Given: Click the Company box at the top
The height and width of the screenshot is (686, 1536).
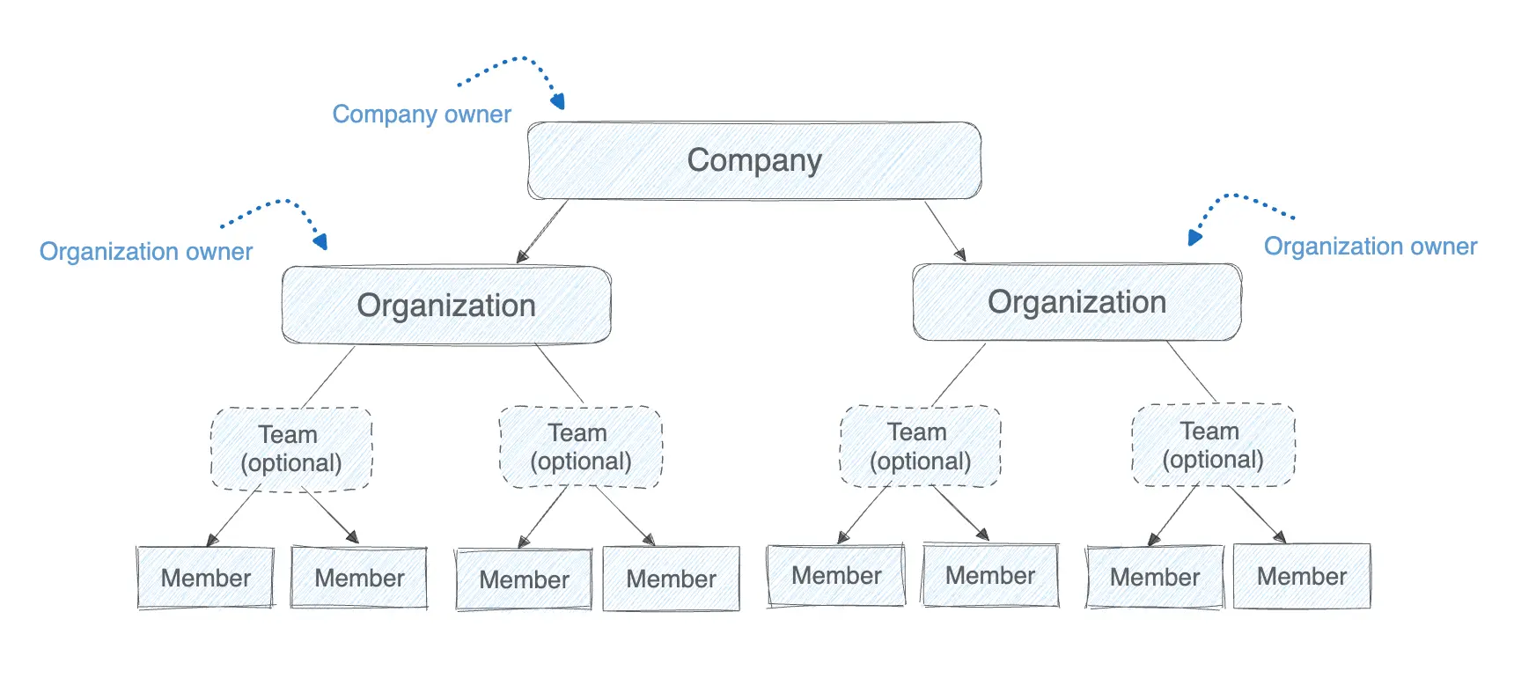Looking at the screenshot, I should click(753, 160).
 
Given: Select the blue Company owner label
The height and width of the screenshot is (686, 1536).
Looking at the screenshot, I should click(421, 114).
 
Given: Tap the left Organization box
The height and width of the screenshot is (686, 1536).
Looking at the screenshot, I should click(445, 306).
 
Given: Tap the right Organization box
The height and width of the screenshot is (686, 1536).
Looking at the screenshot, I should click(1077, 302).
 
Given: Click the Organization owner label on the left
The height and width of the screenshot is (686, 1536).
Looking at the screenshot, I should click(146, 252).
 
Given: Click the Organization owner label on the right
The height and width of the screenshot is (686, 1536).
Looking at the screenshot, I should click(1370, 247).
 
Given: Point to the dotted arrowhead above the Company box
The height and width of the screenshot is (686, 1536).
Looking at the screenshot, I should click(558, 101).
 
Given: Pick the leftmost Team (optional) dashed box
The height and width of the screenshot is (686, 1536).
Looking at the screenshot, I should click(290, 449).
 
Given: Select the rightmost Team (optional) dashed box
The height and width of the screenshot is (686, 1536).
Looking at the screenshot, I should click(1212, 446).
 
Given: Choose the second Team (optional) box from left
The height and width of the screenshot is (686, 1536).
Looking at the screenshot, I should click(580, 447).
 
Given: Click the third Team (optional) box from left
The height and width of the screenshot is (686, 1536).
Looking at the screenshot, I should click(920, 446).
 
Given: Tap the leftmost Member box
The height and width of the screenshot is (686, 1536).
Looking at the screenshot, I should click(205, 578).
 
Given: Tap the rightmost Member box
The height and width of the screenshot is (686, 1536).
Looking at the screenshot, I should click(1301, 576).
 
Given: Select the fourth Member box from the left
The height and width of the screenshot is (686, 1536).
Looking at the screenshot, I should click(671, 579).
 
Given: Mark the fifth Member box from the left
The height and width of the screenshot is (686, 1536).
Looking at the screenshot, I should click(835, 575).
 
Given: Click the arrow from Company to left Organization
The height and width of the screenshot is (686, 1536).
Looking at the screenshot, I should click(543, 231).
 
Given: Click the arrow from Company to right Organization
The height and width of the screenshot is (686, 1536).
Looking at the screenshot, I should click(944, 231).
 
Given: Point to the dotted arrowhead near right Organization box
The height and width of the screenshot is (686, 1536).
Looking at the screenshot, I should click(1194, 236).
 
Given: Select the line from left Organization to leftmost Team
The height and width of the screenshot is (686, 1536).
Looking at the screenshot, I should click(328, 376).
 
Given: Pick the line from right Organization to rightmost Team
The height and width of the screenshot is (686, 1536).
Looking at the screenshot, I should click(1191, 372).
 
